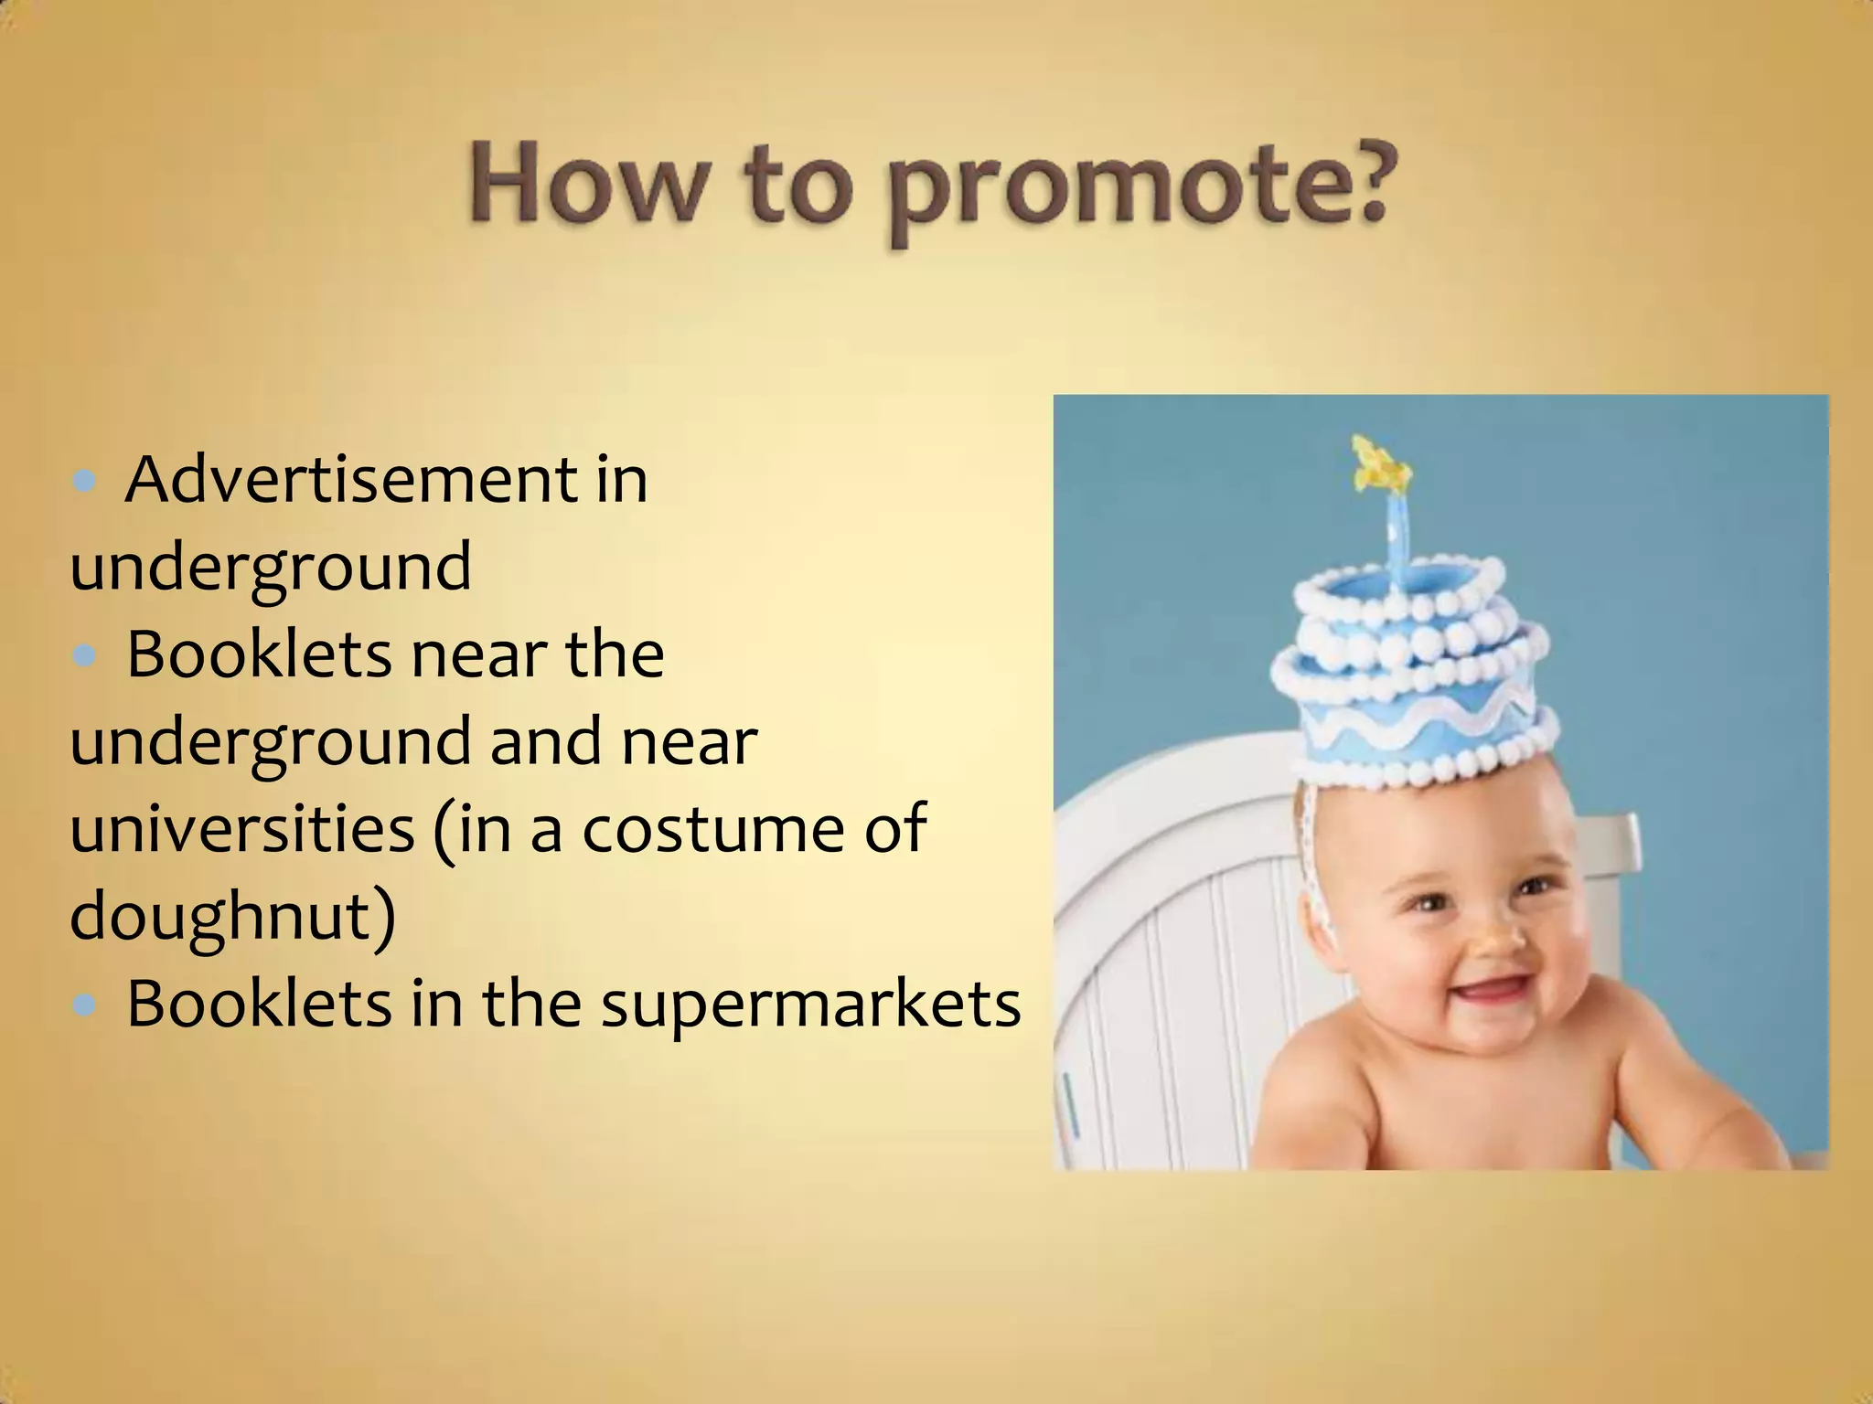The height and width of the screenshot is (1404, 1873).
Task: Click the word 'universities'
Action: pos(242,828)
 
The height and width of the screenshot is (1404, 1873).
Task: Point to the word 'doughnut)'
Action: pos(233,916)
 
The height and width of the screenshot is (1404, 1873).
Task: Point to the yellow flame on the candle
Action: pos(1380,462)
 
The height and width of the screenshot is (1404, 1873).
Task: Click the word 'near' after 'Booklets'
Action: pos(479,655)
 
